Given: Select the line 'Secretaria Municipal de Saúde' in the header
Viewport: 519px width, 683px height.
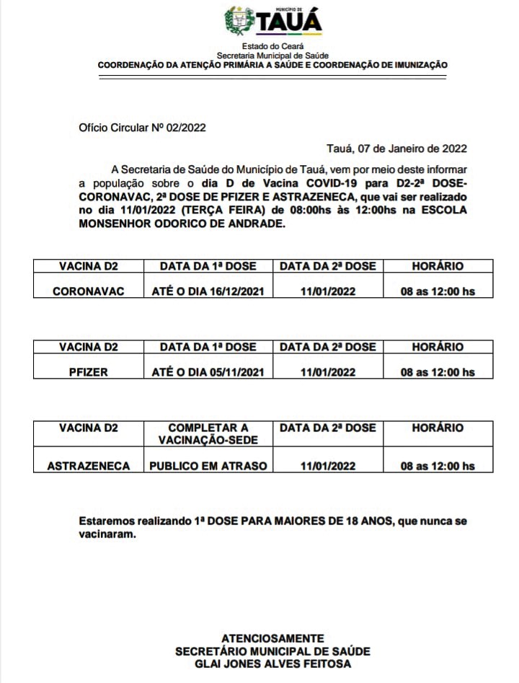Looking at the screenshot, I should [x=272, y=56].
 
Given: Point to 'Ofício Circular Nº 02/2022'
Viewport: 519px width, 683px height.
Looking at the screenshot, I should [x=143, y=128].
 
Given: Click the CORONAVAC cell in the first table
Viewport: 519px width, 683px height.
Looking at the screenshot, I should [x=89, y=291].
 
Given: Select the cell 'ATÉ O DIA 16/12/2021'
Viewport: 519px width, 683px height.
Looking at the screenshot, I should [x=208, y=291].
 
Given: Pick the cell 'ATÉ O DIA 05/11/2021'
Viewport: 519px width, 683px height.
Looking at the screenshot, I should [x=208, y=372].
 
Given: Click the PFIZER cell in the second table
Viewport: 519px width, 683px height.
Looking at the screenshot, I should [x=89, y=372].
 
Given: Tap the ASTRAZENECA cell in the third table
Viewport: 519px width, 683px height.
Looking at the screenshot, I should [x=89, y=466].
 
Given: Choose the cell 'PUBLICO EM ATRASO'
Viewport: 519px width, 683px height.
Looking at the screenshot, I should [x=208, y=466].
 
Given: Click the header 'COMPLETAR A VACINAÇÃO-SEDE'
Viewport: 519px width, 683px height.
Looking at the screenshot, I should [x=208, y=433].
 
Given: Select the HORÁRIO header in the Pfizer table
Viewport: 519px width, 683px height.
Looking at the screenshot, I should [x=438, y=347].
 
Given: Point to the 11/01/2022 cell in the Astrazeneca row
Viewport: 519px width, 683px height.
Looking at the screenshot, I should [x=328, y=466].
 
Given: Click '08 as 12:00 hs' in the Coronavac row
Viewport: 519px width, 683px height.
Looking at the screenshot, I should [x=438, y=291].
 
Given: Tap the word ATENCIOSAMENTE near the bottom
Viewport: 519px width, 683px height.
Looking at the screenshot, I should [x=272, y=638].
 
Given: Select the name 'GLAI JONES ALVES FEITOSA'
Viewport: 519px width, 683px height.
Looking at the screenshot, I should [x=272, y=664].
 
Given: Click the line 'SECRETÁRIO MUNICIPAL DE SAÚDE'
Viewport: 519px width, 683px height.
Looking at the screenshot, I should [x=272, y=651].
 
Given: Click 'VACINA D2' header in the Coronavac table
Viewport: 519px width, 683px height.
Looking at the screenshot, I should [x=89, y=266].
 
